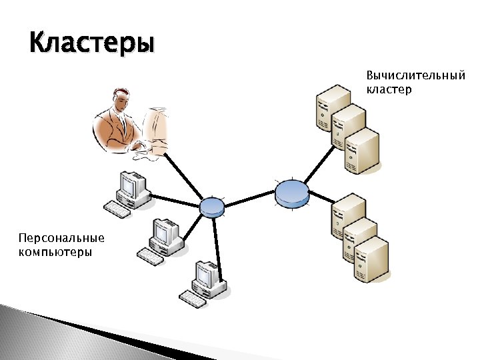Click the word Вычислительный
pos(415,75)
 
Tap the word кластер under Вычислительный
pos(389,89)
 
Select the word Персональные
pos(61,238)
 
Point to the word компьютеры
pos(55,252)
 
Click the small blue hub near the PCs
pos(211,207)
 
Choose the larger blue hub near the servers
pos(292,192)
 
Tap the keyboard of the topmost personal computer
pos(117,211)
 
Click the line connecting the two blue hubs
pos(249,199)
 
